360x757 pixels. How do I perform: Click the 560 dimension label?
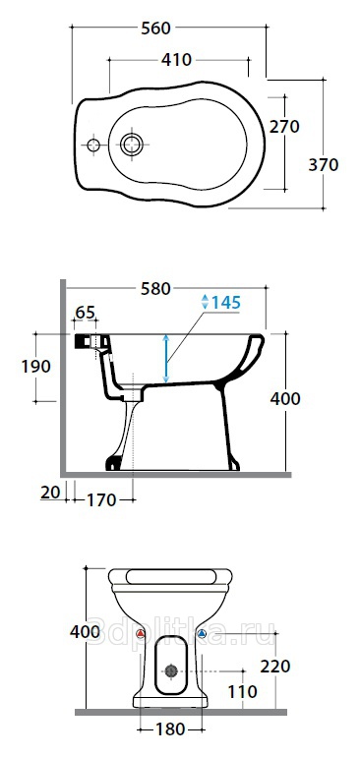coord(156,29)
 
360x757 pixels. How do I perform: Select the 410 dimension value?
coord(176,60)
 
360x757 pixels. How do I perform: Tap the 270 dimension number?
coord(284,127)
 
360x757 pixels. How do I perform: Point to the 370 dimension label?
coord(324,165)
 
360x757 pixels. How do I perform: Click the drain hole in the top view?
coord(132,144)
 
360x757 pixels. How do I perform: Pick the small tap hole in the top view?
coord(92,145)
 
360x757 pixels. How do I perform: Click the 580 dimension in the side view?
coord(155,289)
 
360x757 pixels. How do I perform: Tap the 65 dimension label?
coord(85,312)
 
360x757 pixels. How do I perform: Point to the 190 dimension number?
coord(35,367)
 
